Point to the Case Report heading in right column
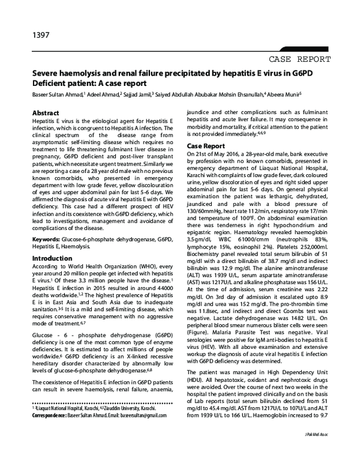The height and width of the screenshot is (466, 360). [206, 146]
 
